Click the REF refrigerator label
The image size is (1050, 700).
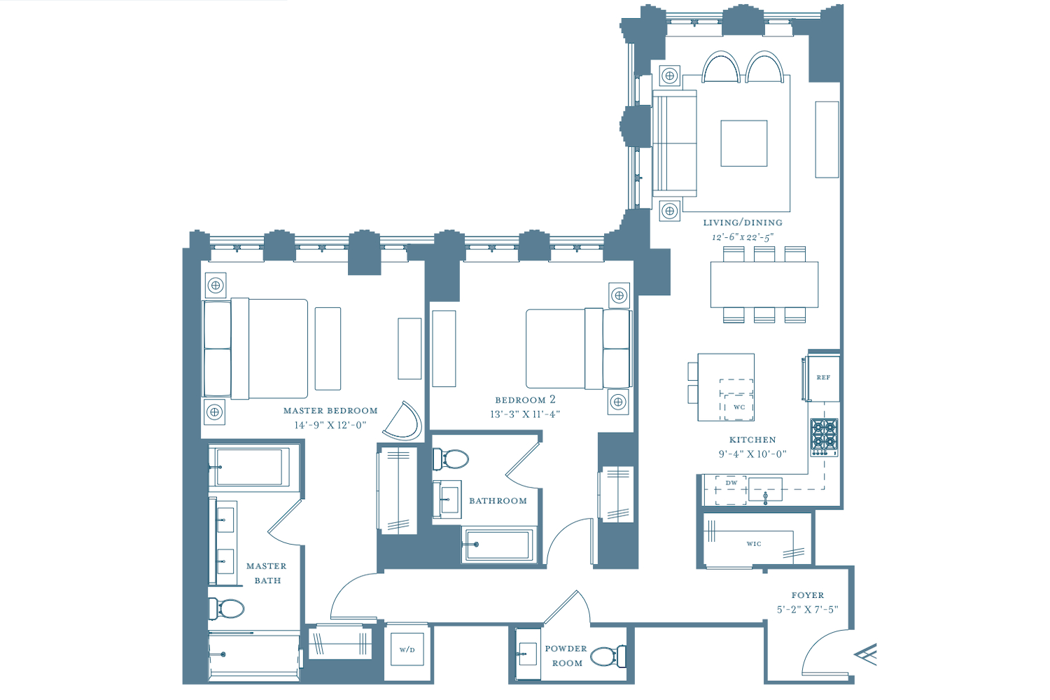(823, 377)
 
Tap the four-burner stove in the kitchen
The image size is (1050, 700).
(825, 437)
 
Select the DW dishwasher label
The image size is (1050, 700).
(731, 482)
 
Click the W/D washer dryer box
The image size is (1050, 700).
(407, 650)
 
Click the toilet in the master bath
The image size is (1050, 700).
(226, 608)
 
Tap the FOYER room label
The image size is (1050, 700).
(808, 595)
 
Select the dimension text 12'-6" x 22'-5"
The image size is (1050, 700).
(743, 237)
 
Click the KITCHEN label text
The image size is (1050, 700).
(752, 440)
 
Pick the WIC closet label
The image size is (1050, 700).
(754, 544)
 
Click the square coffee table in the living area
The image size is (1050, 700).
(744, 143)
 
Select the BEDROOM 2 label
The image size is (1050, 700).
(526, 400)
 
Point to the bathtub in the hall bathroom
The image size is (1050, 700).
(498, 545)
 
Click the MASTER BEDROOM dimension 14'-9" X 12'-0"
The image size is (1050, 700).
(330, 426)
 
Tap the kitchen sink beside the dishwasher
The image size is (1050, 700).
(766, 489)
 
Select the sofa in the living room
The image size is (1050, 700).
(675, 143)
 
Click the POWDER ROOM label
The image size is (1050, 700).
(566, 656)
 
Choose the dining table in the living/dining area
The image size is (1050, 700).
(764, 285)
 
